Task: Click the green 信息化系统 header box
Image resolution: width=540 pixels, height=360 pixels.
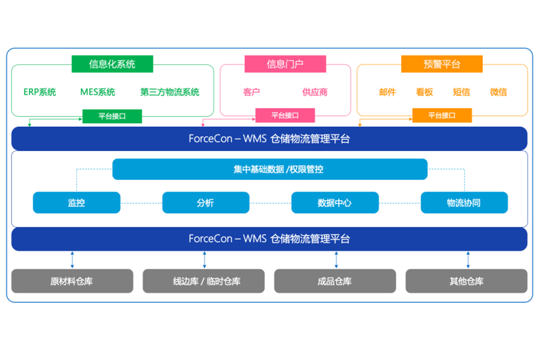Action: click(112, 64)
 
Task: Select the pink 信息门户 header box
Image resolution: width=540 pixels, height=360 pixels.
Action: click(285, 64)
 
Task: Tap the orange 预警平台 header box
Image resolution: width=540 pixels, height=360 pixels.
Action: click(441, 64)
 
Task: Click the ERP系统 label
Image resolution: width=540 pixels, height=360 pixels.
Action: click(40, 92)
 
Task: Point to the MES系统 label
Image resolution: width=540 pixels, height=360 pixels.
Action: click(98, 92)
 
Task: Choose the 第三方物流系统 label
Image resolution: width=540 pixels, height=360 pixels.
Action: click(170, 92)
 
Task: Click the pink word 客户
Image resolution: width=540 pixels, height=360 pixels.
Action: click(252, 92)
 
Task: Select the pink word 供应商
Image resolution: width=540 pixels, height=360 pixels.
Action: click(315, 92)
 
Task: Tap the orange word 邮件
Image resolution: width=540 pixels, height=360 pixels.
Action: click(387, 92)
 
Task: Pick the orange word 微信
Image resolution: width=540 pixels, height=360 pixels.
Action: click(498, 92)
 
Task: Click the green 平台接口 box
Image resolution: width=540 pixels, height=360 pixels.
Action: click(112, 116)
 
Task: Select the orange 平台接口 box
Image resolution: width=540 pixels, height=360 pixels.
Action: click(442, 115)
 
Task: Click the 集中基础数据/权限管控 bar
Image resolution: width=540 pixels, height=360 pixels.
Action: click(270, 169)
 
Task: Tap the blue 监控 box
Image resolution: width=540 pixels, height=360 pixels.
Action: click(76, 202)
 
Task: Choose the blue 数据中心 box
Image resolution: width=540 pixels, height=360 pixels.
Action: click(335, 202)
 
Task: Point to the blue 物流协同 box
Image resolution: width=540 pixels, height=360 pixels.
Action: click(464, 202)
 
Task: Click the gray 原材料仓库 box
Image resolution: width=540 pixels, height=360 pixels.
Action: click(72, 281)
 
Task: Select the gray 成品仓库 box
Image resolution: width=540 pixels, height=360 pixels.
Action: click(335, 281)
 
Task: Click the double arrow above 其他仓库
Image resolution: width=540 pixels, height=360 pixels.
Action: click(468, 260)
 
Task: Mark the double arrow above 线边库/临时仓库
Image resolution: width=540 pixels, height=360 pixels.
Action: click(204, 260)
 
